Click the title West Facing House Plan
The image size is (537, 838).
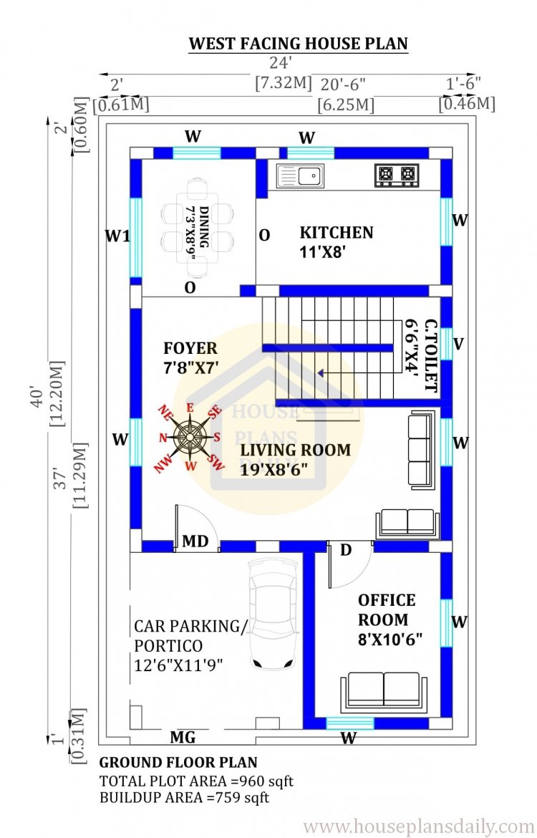[298, 43]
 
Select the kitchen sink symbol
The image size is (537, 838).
[300, 175]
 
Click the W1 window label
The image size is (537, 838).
[117, 235]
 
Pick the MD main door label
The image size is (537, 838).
[195, 541]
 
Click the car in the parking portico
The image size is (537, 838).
[272, 613]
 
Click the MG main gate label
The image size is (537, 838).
[183, 737]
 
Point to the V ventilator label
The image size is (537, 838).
[458, 345]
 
